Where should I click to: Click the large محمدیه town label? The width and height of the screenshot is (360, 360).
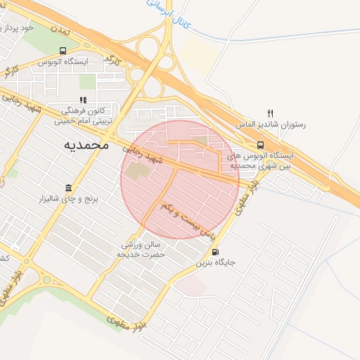(86, 145)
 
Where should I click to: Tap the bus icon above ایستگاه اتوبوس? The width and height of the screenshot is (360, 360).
(64, 51)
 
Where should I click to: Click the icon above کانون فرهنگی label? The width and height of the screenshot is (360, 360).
(83, 100)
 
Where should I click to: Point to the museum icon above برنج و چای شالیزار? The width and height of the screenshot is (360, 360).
(68, 188)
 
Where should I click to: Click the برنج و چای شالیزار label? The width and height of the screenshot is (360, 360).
(69, 200)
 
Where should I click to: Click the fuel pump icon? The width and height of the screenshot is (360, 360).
(214, 252)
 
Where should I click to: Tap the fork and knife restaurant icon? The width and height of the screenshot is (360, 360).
(271, 112)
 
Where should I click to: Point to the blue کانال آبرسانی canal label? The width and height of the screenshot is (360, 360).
(165, 15)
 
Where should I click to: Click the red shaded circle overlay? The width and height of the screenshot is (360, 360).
(180, 179)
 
